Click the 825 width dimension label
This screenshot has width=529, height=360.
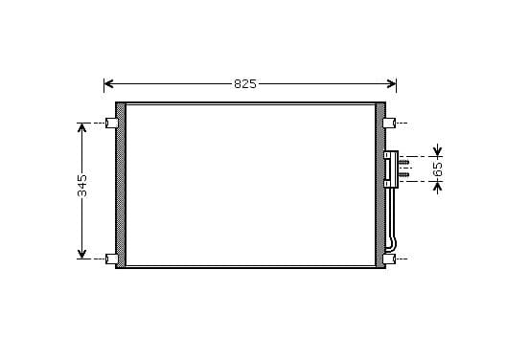[x=245, y=84]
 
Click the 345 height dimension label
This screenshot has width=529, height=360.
[x=82, y=186]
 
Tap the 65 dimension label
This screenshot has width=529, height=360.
[x=438, y=169]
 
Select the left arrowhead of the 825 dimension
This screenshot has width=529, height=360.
[x=108, y=83]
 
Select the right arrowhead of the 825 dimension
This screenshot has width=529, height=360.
[x=392, y=83]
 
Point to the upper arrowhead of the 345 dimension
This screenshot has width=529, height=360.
[x=82, y=127]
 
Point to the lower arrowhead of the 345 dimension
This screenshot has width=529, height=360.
[x=82, y=254]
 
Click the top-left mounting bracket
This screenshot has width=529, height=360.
[x=112, y=124]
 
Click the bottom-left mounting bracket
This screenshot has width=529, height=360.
[x=112, y=259]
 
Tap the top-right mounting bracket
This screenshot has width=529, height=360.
[x=389, y=124]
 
